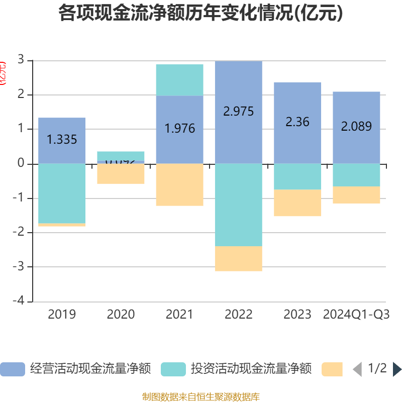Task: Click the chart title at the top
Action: click(200, 14)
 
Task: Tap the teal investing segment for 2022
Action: click(238, 205)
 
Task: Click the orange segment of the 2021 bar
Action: click(179, 185)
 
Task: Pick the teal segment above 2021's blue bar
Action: click(179, 79)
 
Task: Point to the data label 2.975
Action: click(238, 111)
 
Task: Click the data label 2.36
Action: click(297, 122)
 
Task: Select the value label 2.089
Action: click(356, 126)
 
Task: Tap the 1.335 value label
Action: click(62, 139)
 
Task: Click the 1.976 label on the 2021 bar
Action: click(179, 128)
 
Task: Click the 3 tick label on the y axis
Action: click(21, 59)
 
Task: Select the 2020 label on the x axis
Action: click(121, 315)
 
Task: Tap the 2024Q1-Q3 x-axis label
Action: click(356, 315)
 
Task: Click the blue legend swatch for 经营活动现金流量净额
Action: click(13, 369)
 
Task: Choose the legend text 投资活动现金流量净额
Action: click(251, 369)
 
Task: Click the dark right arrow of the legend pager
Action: click(396, 369)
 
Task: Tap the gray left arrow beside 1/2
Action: click(357, 369)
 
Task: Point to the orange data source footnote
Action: click(201, 397)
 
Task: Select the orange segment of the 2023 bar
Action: click(297, 203)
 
